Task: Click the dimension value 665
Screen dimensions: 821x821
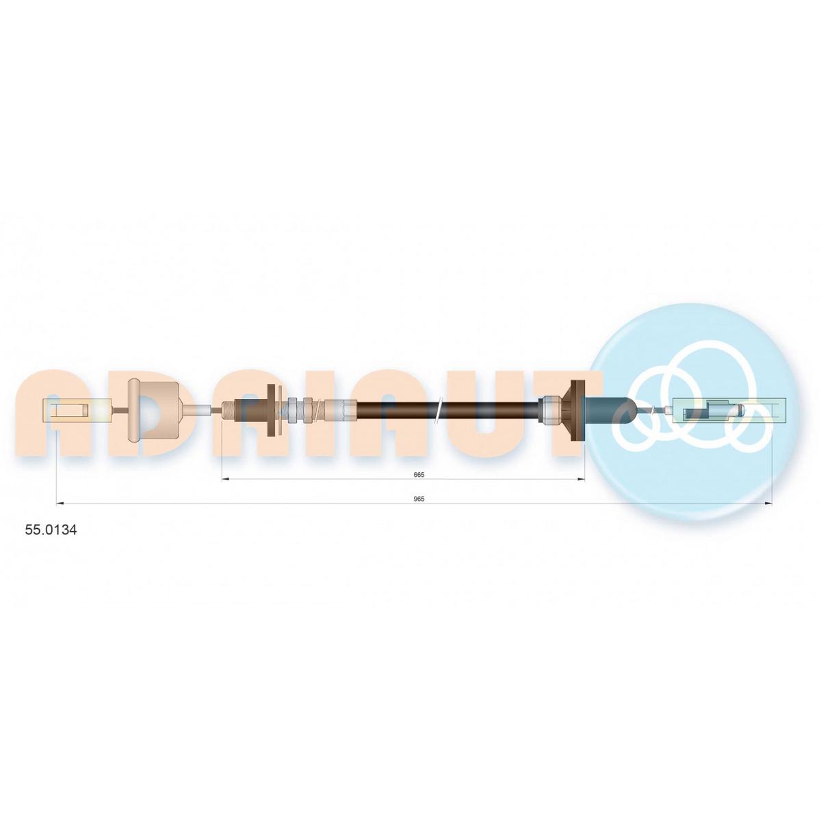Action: tap(419, 475)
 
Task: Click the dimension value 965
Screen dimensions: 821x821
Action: tap(419, 499)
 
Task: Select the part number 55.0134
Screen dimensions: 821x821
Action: tap(51, 530)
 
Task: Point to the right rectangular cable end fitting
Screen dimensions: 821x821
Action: tap(729, 411)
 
